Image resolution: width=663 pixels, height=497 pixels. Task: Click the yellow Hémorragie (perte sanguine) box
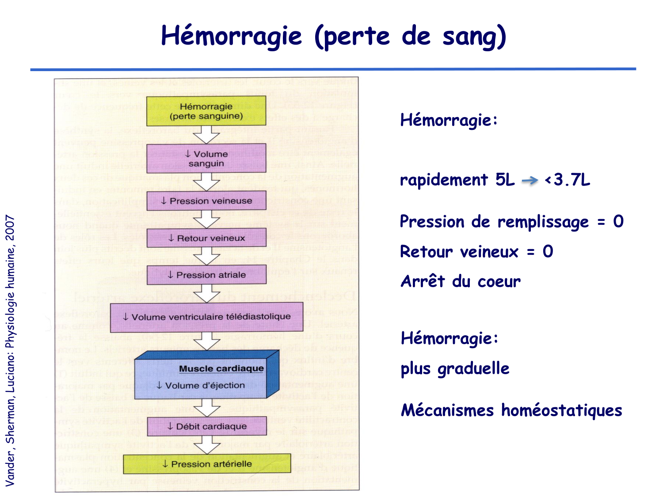(206, 111)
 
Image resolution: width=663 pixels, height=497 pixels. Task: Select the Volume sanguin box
(206, 159)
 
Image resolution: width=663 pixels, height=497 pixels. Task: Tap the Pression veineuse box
(206, 201)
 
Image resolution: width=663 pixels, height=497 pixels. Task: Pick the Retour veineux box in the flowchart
(206, 238)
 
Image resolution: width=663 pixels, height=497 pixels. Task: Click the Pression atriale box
(206, 275)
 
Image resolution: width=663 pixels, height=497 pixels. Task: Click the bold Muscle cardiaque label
(221, 368)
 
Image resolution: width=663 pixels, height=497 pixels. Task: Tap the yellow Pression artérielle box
(207, 464)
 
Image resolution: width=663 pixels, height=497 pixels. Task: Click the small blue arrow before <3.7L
(530, 180)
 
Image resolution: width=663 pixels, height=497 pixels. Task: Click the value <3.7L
(568, 180)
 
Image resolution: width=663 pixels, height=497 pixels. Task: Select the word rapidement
(443, 180)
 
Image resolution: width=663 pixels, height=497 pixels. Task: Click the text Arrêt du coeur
(461, 281)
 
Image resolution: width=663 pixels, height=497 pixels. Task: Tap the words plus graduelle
(455, 368)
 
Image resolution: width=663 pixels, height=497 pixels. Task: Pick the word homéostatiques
(561, 410)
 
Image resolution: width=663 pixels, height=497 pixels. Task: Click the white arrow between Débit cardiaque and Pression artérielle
(207, 444)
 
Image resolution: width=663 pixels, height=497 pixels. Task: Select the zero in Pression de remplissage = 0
(618, 221)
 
